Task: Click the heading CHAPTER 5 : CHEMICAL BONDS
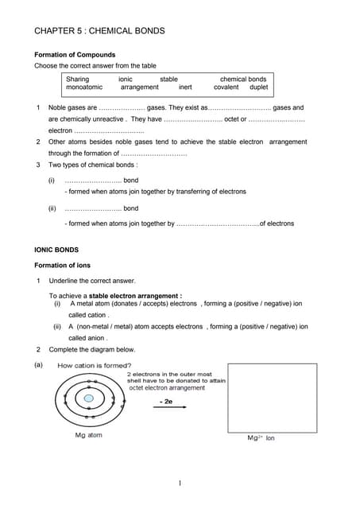pos(99,31)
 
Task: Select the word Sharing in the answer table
pos(78,80)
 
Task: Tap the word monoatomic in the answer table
pos(84,87)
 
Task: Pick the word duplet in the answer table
pos(259,87)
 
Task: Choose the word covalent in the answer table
pos(226,87)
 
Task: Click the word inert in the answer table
pos(185,87)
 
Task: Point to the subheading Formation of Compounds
pos(75,55)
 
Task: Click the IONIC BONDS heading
pos(56,251)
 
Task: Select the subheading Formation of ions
pos(67,265)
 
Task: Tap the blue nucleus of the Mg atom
pos(89,398)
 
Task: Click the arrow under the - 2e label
pos(165,413)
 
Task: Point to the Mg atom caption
pos(88,435)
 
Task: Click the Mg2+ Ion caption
pos(261,437)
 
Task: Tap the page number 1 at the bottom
pos(180,483)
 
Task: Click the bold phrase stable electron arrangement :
pos(141,296)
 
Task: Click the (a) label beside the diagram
pos(38,365)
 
